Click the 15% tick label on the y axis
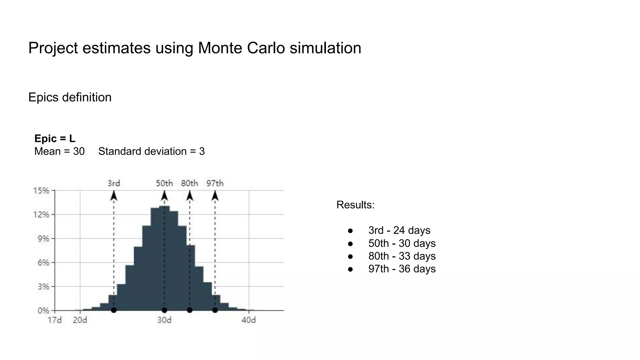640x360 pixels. [41, 191]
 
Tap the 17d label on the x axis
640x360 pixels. [55, 320]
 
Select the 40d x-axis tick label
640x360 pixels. [249, 320]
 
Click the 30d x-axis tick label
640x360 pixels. [164, 320]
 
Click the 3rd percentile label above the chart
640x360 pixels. [114, 183]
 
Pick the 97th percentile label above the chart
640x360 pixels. [215, 183]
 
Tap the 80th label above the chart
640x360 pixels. [190, 183]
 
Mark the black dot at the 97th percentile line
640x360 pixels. [215, 310]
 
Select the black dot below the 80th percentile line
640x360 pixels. [190, 310]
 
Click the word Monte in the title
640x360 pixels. [220, 48]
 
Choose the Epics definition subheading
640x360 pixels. [70, 97]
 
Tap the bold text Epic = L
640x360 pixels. [55, 138]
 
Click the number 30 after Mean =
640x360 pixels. [79, 151]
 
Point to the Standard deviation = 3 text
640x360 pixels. [152, 151]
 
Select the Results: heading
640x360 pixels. [355, 205]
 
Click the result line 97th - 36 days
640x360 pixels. [402, 269]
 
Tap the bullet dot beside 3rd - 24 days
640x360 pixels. [350, 231]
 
